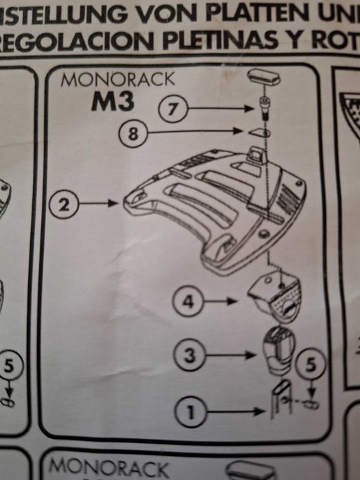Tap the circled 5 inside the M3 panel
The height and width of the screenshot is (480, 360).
pyautogui.click(x=309, y=366)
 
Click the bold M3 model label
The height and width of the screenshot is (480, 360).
pyautogui.click(x=114, y=101)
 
